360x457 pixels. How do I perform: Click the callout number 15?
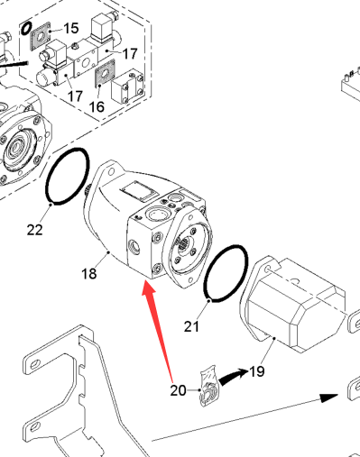coord(71,28)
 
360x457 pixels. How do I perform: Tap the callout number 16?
coord(97,106)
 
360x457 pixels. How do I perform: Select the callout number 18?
coord(89,273)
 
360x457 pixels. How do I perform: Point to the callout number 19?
coord(257,371)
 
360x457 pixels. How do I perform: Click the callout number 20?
coord(178,390)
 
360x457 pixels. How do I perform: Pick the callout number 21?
coord(191,326)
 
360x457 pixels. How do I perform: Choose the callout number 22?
coord(35,230)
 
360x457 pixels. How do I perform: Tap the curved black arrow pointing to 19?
coord(233,377)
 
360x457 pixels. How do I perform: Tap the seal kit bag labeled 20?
coord(209,387)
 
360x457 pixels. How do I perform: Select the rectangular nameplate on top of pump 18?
coord(138,191)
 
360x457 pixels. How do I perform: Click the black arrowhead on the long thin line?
coord(329,398)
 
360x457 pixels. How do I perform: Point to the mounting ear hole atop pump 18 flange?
coord(112,172)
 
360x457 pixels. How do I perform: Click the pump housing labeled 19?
coord(295,304)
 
